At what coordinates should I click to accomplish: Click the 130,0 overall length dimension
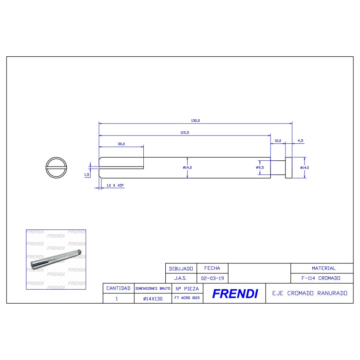click(196, 121)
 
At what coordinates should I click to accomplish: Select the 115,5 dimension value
click(185, 133)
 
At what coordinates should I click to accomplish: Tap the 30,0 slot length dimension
click(121, 144)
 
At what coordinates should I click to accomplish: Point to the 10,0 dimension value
click(278, 141)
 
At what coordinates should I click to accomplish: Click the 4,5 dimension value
click(300, 141)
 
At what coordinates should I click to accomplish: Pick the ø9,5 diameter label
click(260, 168)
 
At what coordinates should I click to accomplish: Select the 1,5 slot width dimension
click(87, 175)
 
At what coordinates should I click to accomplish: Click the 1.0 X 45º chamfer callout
click(115, 185)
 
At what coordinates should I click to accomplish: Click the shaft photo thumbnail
click(56, 259)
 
